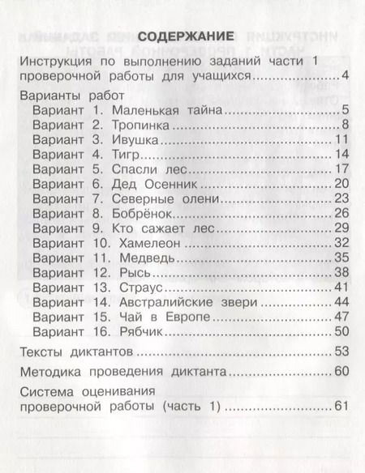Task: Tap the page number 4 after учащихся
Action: point(345,77)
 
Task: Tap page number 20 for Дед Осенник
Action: point(341,185)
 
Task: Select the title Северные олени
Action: point(161,200)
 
